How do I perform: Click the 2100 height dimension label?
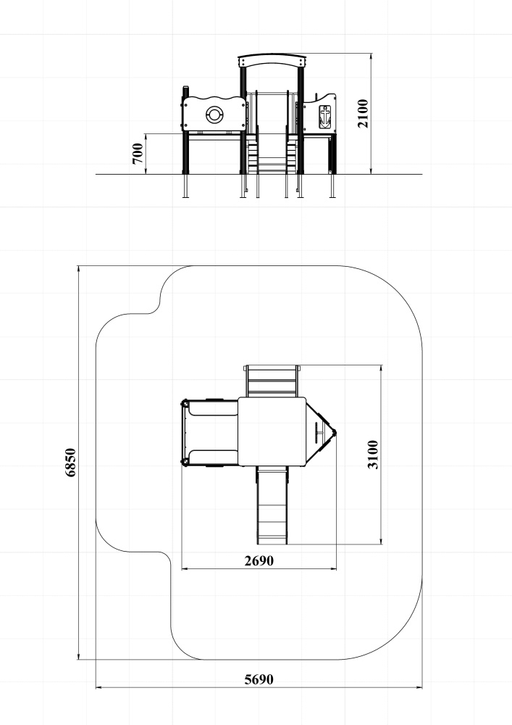pos(364,113)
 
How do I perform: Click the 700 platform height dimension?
pos(137,154)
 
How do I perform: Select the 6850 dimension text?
pos(70,463)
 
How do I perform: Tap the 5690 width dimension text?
pos(259,679)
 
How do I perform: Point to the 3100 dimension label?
pos(372,455)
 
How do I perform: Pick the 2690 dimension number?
pos(259,560)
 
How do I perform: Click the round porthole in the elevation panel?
pos(214,114)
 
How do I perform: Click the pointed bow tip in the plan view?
pos(336,433)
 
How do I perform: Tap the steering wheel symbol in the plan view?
pos(319,433)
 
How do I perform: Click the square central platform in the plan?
pos(272,431)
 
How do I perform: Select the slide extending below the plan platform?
pos(273,505)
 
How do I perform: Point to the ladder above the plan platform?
pos(272,381)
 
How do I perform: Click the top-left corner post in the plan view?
pos(185,402)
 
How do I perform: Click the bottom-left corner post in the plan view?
pos(185,462)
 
